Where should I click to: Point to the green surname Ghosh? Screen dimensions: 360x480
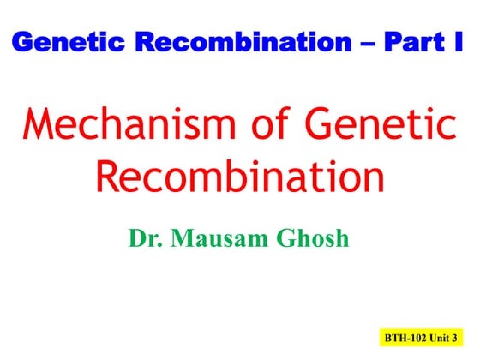point(314,237)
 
